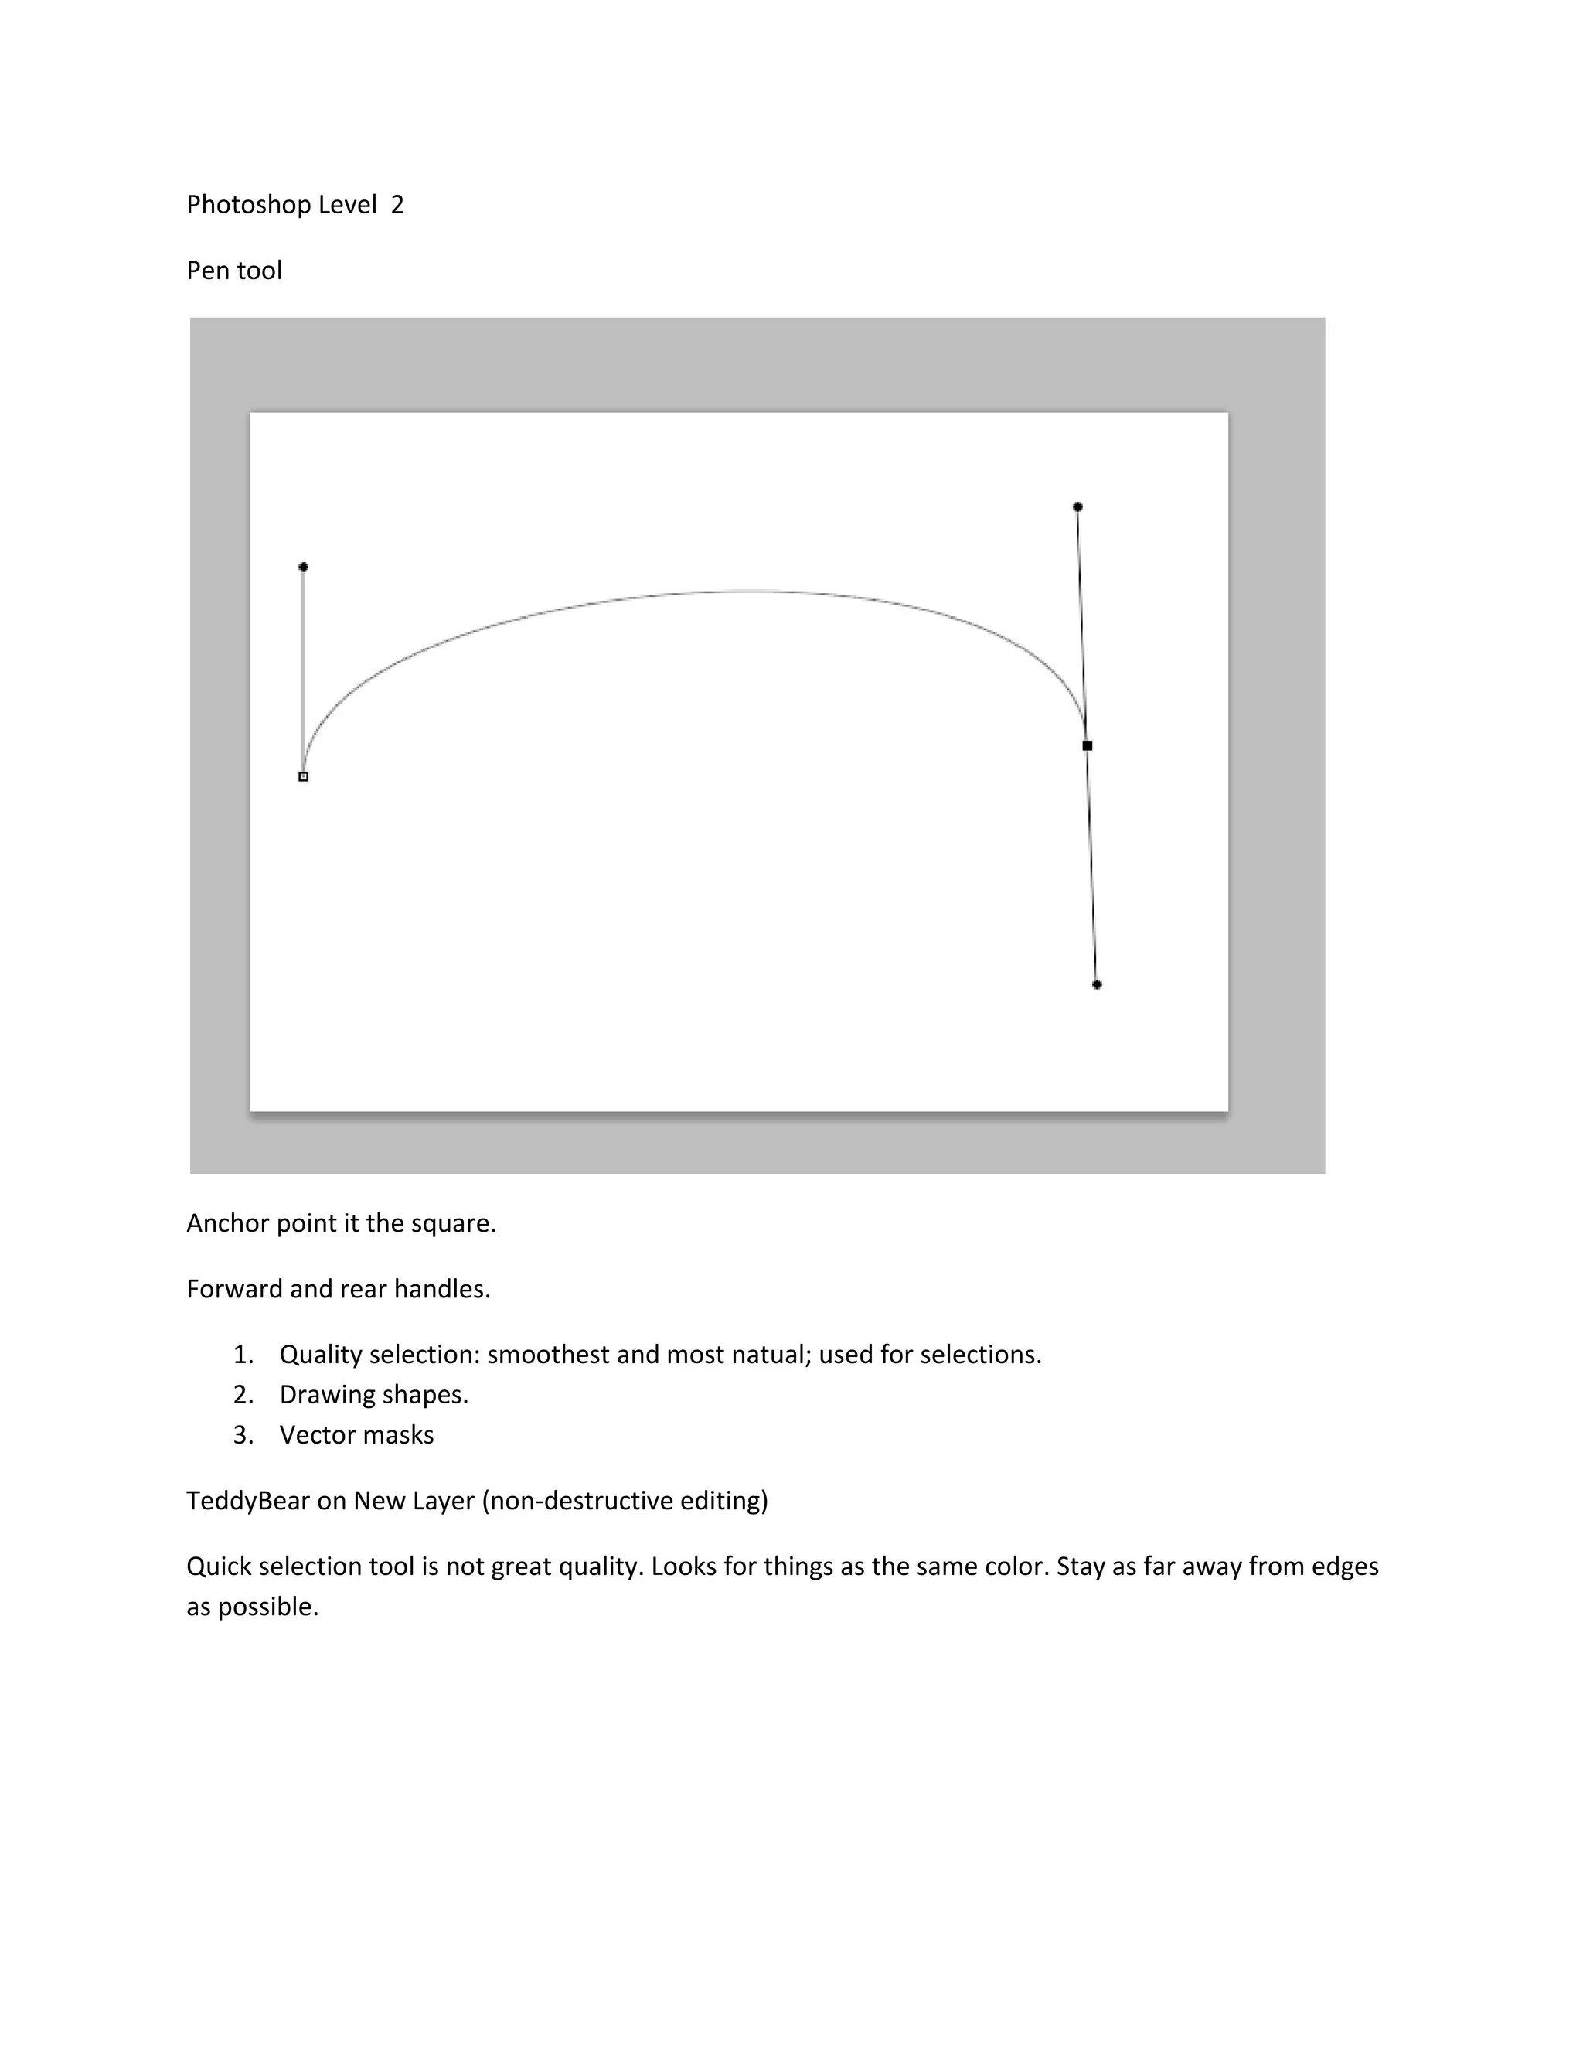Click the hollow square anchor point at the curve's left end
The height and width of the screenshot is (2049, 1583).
[x=303, y=777]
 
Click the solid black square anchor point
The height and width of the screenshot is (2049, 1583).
[x=1087, y=746]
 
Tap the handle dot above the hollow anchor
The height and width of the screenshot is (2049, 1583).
[x=303, y=567]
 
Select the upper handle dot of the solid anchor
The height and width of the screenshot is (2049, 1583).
[x=1077, y=506]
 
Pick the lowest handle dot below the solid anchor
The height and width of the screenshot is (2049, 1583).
[x=1098, y=984]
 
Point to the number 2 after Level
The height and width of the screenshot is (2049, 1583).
[x=397, y=205]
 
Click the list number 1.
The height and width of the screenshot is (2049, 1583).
[x=243, y=1355]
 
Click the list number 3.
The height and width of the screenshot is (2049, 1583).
[x=243, y=1435]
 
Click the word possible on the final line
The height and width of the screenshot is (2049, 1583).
[x=268, y=1607]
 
